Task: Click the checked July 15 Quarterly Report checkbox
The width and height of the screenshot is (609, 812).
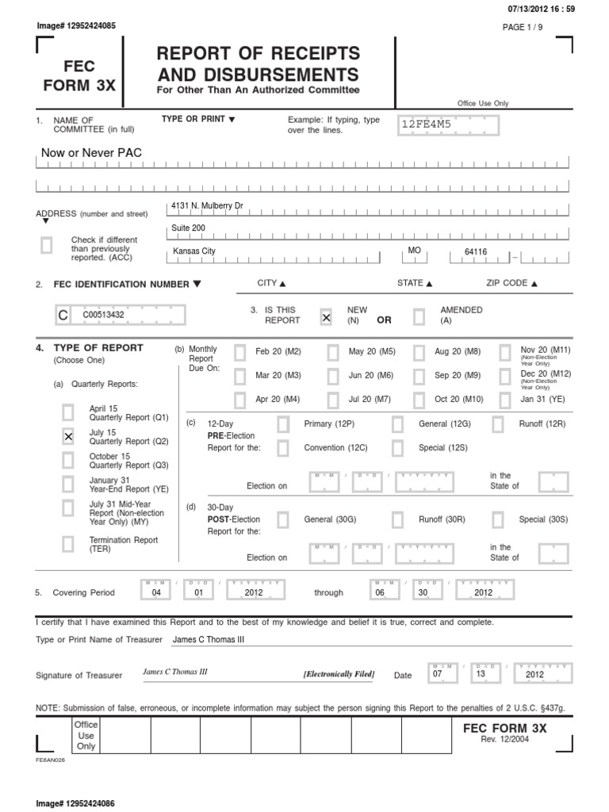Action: (68, 436)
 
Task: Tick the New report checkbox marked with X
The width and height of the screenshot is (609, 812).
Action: (325, 316)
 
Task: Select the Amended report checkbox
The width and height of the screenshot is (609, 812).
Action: (419, 316)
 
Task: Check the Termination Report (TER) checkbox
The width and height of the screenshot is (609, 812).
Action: (68, 543)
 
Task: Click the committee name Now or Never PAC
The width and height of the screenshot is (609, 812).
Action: (91, 151)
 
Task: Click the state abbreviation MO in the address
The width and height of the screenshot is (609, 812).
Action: (413, 250)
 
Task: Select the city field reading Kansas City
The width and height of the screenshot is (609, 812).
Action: (193, 251)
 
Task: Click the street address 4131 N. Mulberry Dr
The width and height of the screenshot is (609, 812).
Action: (207, 206)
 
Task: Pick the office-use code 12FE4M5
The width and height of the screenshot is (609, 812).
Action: (426, 124)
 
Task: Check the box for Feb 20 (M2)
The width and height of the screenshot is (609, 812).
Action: (239, 352)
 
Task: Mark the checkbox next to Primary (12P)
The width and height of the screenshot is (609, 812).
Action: (283, 424)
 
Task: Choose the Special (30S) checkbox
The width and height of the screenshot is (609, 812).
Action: (498, 519)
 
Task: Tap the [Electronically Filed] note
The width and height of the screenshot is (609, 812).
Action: (338, 674)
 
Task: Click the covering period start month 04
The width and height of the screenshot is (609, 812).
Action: (155, 592)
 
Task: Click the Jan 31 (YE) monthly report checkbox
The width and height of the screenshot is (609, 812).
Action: (505, 398)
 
